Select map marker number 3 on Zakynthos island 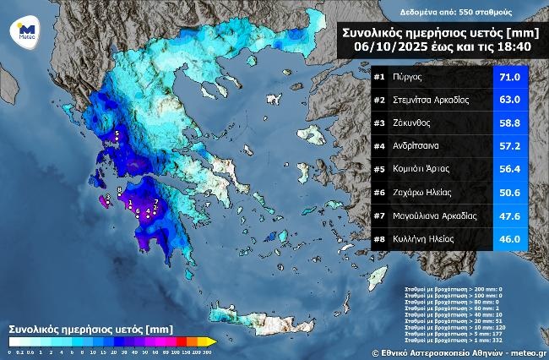tap(107, 199)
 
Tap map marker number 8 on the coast tap(120, 190)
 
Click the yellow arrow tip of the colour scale tap(214, 341)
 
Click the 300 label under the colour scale tap(208, 351)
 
